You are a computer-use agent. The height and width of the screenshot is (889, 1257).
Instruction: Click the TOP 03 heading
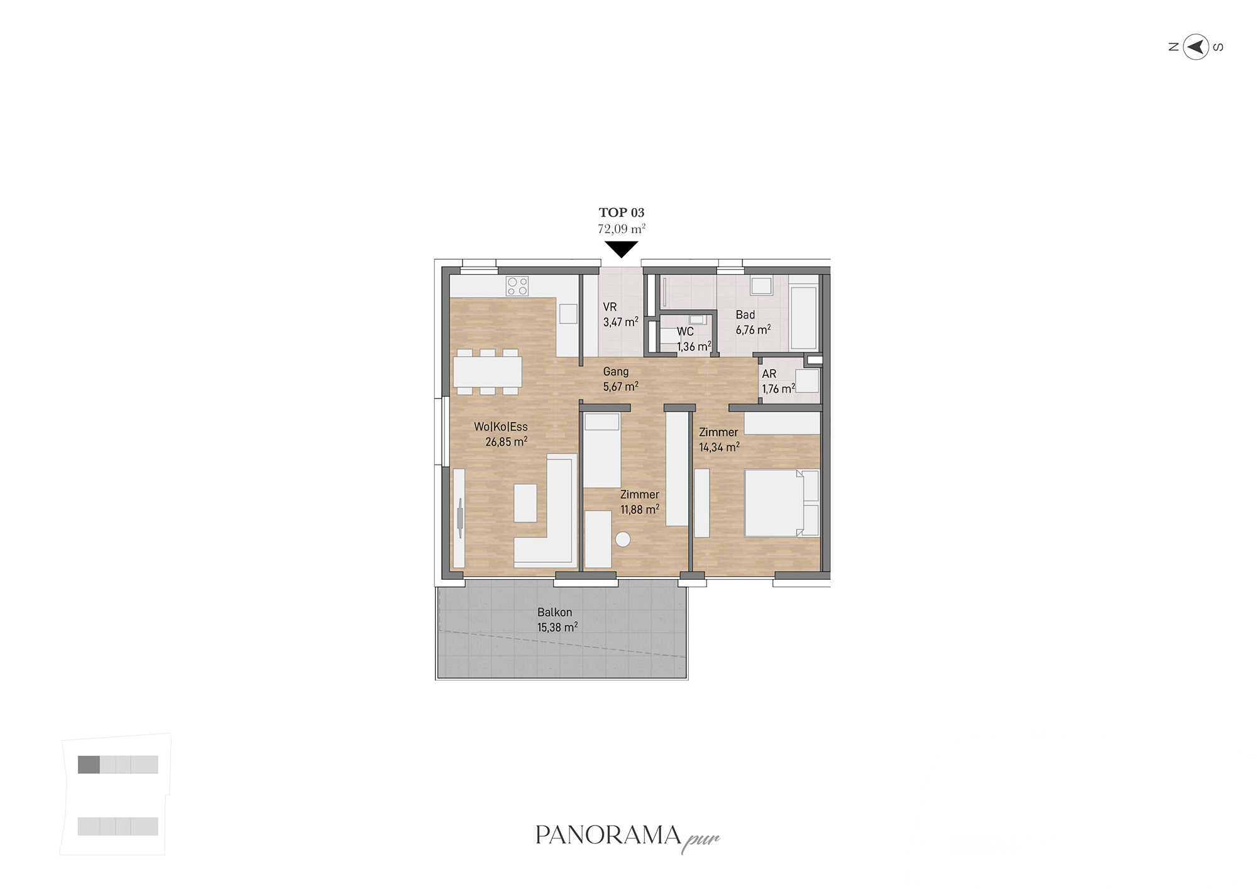point(622,213)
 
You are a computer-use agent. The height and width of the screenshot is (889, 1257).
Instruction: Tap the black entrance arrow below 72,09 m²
point(621,249)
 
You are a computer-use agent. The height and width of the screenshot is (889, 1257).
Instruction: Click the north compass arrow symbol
point(1196,47)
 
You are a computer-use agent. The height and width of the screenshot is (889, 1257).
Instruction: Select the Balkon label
point(554,612)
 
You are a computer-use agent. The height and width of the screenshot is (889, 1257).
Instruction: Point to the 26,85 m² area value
point(506,442)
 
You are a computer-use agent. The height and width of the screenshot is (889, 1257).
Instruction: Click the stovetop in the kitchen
point(517,286)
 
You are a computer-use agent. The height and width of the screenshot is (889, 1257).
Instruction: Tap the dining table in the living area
point(488,372)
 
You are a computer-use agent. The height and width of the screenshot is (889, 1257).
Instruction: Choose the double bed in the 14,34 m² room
point(782,503)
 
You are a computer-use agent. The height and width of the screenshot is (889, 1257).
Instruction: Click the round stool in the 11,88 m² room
point(623,539)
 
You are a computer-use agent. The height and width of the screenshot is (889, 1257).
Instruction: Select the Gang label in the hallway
point(616,372)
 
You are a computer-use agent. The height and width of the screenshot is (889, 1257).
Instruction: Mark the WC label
point(685,331)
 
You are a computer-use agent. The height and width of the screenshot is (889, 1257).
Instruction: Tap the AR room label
point(769,374)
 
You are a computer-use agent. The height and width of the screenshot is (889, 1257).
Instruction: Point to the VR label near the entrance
point(610,307)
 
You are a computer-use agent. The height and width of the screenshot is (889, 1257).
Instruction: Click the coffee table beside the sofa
point(525,503)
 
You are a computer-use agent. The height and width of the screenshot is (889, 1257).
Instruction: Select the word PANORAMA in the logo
point(608,835)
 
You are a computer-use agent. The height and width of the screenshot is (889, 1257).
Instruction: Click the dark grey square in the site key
point(89,765)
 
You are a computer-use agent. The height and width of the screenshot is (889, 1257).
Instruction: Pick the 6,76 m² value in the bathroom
point(753,330)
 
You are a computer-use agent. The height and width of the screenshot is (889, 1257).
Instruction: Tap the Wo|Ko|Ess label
point(501,427)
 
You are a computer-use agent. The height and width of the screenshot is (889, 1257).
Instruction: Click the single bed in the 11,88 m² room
point(602,450)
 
